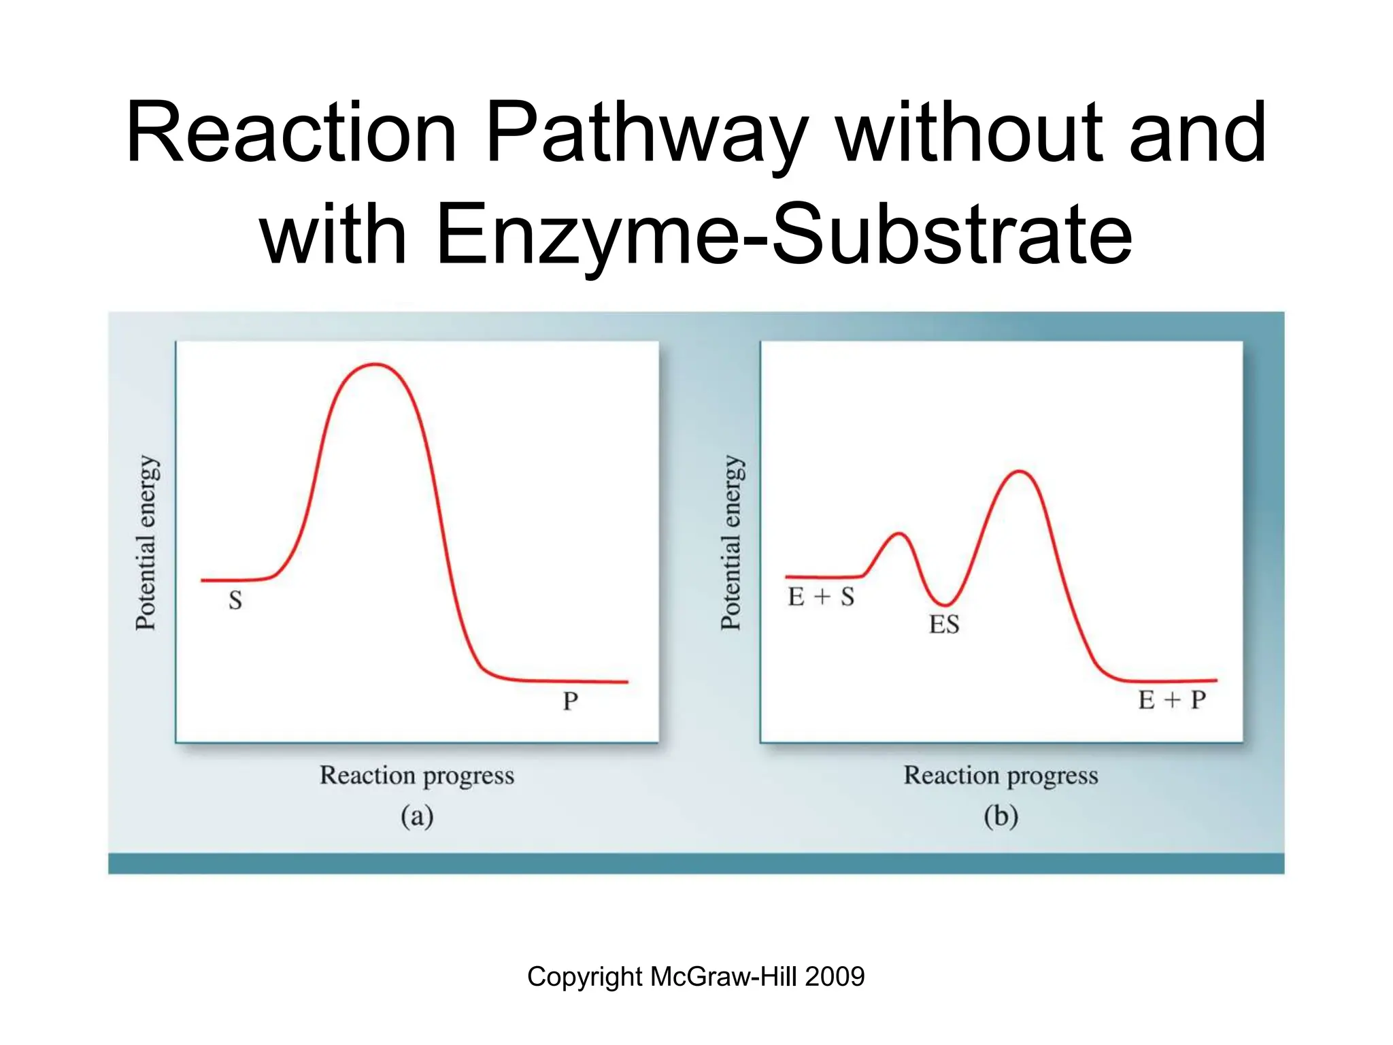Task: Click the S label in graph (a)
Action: [x=235, y=601]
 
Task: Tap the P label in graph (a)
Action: [x=571, y=701]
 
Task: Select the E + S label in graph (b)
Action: [x=821, y=597]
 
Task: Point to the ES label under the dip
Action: [x=944, y=625]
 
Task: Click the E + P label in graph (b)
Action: [x=1172, y=699]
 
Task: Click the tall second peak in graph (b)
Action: [x=1019, y=471]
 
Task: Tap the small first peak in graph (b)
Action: [x=899, y=534]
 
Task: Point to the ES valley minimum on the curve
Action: [x=944, y=604]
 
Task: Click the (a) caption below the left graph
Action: [x=417, y=816]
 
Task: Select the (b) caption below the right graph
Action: [x=1001, y=816]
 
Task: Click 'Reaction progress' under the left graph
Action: [x=417, y=776]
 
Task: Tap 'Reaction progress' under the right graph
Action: [x=1001, y=776]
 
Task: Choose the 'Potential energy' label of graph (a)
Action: [x=146, y=543]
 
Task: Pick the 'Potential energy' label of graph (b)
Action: [x=731, y=543]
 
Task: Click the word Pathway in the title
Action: [x=646, y=134]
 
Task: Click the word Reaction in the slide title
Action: [x=291, y=133]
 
